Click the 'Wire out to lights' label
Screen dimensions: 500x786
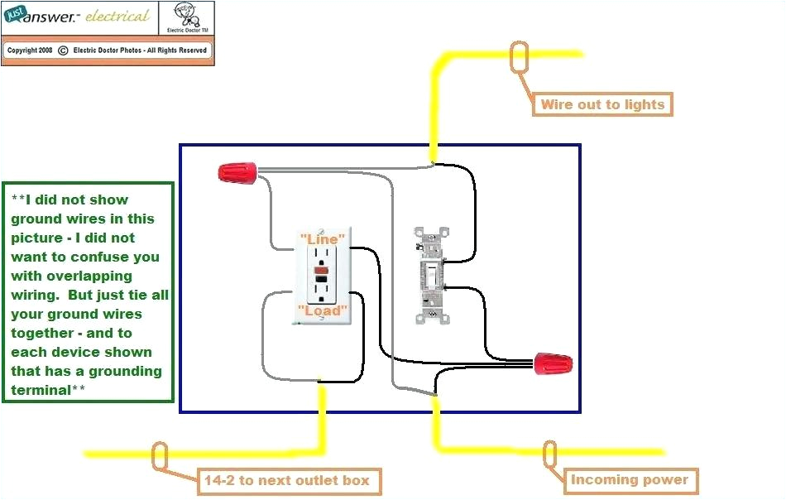pos(602,104)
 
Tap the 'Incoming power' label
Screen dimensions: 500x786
pos(629,479)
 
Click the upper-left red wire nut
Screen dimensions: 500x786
pos(237,173)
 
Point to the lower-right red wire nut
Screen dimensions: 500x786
pos(553,363)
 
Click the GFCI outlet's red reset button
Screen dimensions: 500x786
pos(323,271)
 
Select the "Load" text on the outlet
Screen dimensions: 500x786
pos(322,310)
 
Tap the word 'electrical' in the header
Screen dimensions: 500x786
pos(118,17)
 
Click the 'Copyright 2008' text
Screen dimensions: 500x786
pos(30,50)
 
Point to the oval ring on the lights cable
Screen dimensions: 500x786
pos(520,57)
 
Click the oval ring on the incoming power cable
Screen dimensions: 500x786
pos(550,454)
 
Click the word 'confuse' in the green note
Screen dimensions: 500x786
pos(124,257)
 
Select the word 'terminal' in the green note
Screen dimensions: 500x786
pos(42,389)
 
